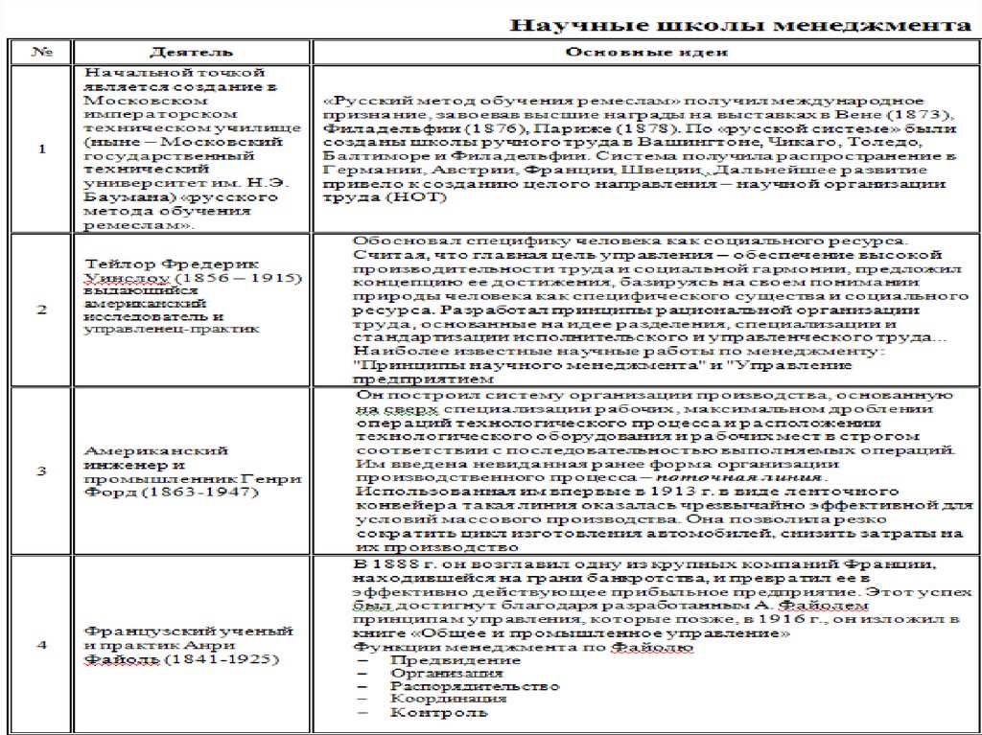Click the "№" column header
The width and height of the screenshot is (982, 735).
pyautogui.click(x=40, y=51)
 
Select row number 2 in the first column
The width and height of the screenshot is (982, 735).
pyautogui.click(x=40, y=309)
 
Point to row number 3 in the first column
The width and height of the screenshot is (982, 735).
pyautogui.click(x=40, y=471)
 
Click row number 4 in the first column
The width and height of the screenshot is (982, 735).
pyautogui.click(x=40, y=645)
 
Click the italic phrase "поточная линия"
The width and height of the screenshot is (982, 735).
pyautogui.click(x=764, y=476)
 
